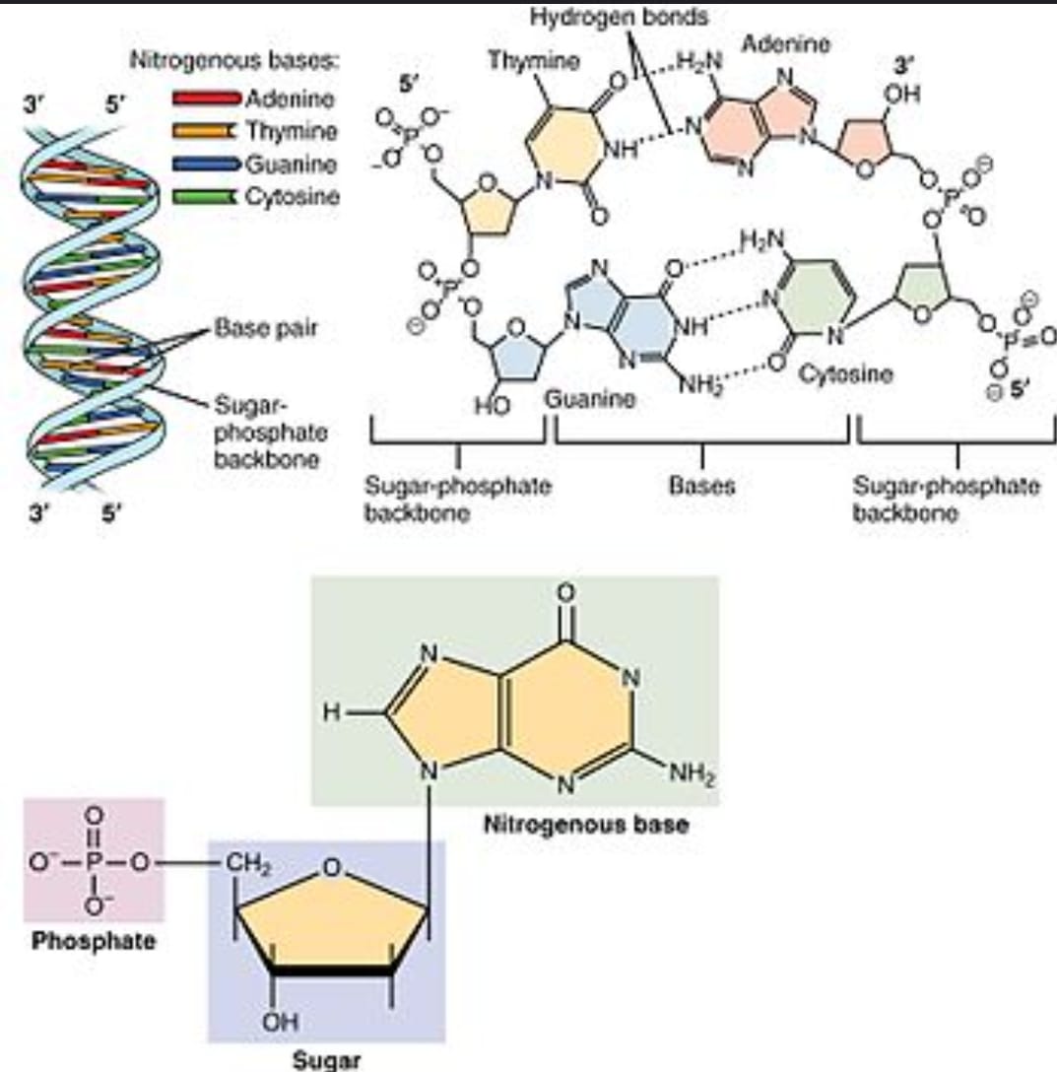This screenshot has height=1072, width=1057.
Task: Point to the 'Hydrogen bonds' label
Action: pos(619,17)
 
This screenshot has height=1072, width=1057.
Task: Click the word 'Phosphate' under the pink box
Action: pos(94,940)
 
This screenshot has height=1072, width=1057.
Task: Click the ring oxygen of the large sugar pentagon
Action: pos(334,868)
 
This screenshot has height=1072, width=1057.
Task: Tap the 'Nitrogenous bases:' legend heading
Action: pos(234,61)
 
